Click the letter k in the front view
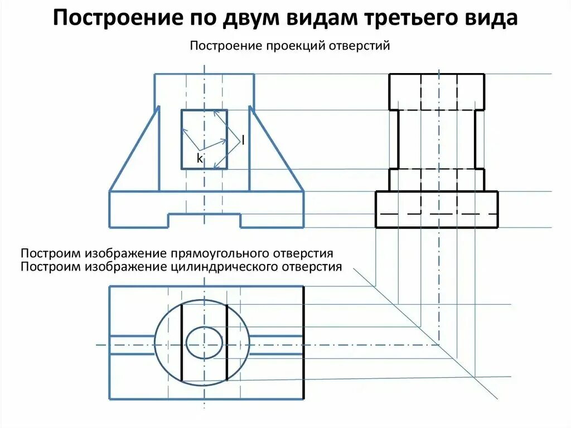coord(200,159)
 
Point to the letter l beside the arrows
coord(243,140)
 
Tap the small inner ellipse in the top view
coord(204,343)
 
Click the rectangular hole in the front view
coord(204,139)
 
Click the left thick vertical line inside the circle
coord(182,343)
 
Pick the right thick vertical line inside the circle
coord(226,343)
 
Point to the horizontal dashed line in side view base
coord(437,214)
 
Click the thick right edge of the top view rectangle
coord(303,343)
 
